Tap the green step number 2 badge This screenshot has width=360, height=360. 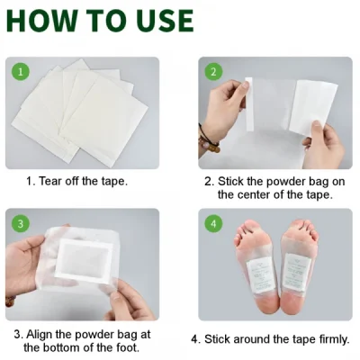coord(213,71)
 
